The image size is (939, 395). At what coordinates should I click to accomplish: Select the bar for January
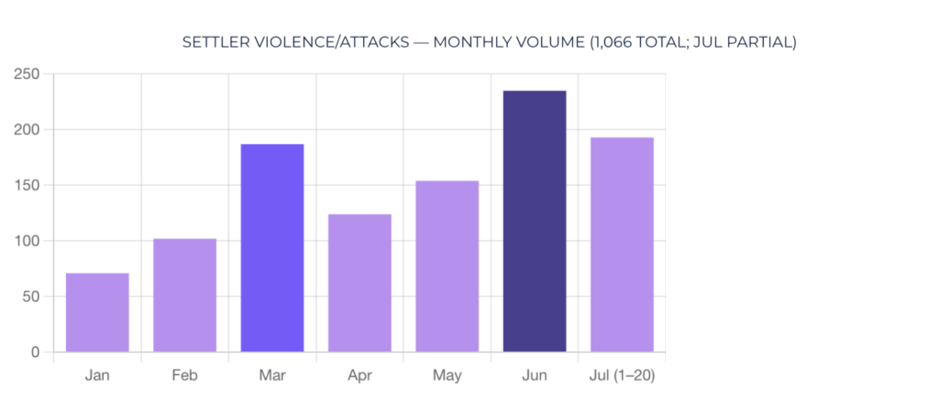tap(97, 313)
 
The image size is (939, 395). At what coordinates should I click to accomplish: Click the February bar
tap(184, 295)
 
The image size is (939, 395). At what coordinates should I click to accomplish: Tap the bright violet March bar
tap(271, 247)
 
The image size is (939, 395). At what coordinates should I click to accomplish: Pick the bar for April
tap(359, 283)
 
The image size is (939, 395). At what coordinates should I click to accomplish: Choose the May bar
tap(447, 267)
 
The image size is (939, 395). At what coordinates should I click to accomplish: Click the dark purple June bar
tap(535, 222)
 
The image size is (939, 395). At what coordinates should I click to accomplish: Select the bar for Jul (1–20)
tap(622, 245)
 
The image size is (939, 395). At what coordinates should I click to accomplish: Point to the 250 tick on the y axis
tap(27, 74)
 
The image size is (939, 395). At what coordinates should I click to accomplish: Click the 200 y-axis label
tap(27, 130)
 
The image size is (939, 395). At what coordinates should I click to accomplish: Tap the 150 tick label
tap(27, 185)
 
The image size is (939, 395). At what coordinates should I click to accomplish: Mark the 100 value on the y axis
tap(27, 241)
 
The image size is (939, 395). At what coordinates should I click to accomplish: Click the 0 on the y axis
tap(36, 353)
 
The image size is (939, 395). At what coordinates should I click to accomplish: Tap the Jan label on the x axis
tap(97, 376)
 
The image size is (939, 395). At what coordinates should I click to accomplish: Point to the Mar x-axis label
tap(271, 376)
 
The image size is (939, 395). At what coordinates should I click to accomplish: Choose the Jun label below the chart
tap(535, 376)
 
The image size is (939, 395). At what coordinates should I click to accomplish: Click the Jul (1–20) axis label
tap(622, 376)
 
